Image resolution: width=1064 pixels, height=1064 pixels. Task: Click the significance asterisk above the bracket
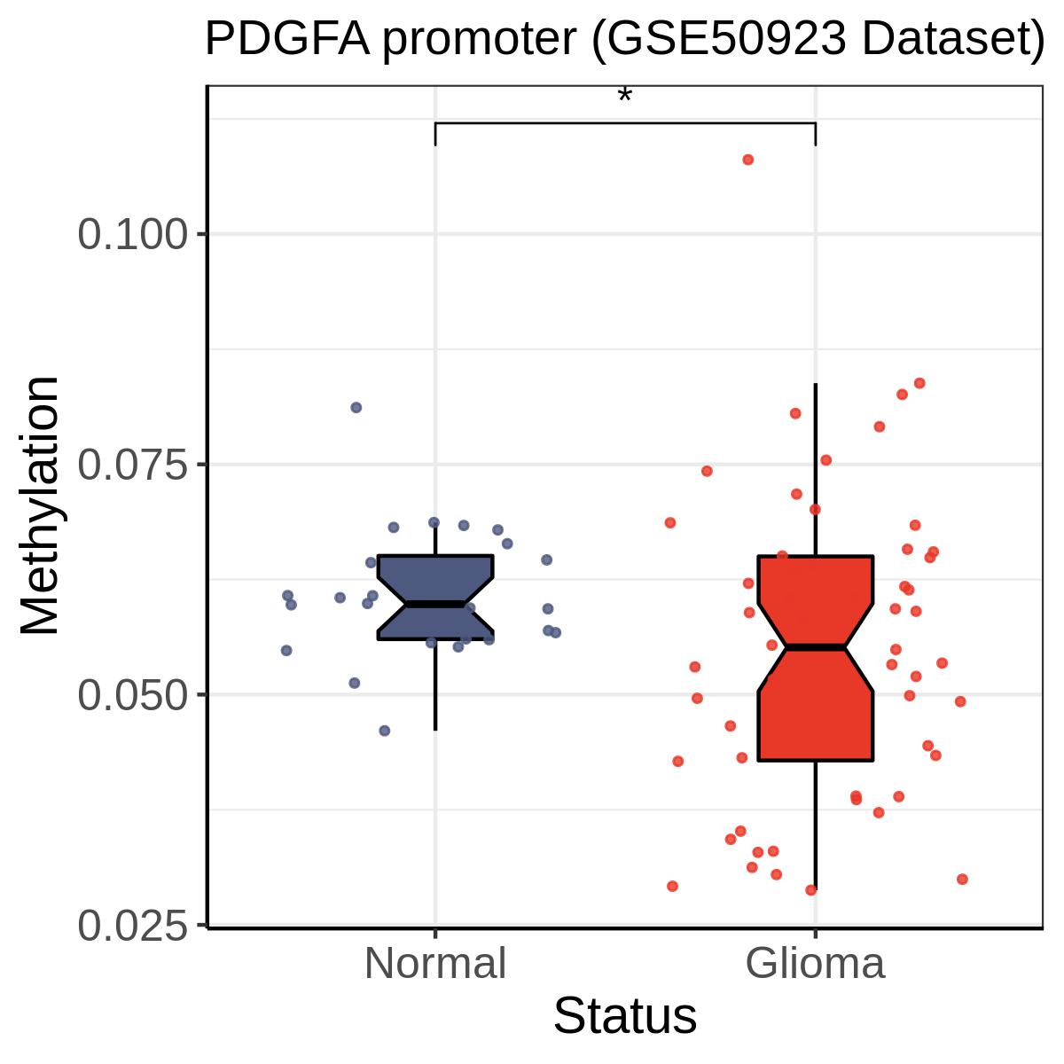coord(624,94)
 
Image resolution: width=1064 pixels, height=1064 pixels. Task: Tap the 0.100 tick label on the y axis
coord(133,235)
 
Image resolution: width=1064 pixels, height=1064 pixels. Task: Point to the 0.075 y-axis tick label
coord(133,465)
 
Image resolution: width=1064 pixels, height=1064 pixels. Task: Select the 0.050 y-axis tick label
coord(133,694)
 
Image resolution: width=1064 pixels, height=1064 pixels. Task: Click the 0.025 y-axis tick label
coord(133,925)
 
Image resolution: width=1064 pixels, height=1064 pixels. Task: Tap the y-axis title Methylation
coord(39,505)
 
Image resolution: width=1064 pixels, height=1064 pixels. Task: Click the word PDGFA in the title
coord(287,39)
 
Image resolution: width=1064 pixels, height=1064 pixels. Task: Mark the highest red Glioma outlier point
coord(747,160)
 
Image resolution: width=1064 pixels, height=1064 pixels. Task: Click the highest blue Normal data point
coord(356,408)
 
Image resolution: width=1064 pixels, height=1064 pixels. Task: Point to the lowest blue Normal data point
coord(385,731)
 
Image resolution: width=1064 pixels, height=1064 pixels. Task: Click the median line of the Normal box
coord(435,604)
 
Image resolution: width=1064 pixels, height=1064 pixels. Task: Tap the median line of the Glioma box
coord(816,646)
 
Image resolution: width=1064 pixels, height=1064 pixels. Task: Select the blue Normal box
coord(435,597)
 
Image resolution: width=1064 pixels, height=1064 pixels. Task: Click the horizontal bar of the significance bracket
coord(625,123)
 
